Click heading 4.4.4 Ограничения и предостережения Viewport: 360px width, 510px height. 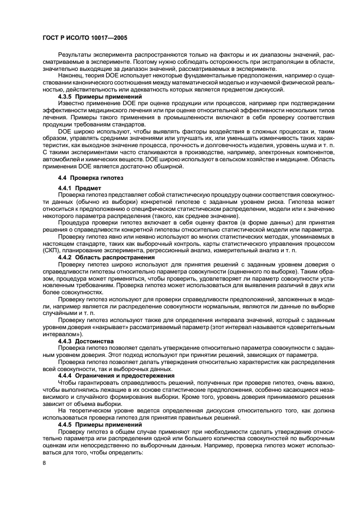[116, 375]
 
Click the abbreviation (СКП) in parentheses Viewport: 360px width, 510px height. [53, 250]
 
